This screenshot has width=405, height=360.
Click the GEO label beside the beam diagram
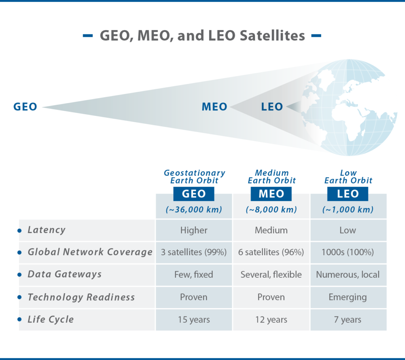pyautogui.click(x=25, y=107)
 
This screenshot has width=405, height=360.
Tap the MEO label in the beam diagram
pyautogui.click(x=214, y=107)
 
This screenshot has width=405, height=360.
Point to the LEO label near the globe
pyautogui.click(x=272, y=107)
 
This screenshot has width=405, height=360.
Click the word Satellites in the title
pyautogui.click(x=272, y=35)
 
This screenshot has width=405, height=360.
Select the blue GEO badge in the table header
pyautogui.click(x=194, y=194)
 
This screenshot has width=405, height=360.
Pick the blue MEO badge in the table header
pyautogui.click(x=271, y=194)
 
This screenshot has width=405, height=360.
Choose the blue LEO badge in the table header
pyautogui.click(x=348, y=194)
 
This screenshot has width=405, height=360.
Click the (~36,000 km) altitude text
pyautogui.click(x=194, y=209)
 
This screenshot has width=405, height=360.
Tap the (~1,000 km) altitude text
pyautogui.click(x=348, y=209)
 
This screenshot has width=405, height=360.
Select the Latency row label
pyautogui.click(x=47, y=230)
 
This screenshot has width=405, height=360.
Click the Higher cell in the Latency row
pyautogui.click(x=194, y=230)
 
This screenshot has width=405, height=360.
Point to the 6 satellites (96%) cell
pyautogui.click(x=271, y=252)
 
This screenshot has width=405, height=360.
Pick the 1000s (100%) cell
pyautogui.click(x=348, y=252)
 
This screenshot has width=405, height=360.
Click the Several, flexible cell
pyautogui.click(x=271, y=275)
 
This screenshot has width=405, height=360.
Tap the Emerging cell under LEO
pyautogui.click(x=348, y=297)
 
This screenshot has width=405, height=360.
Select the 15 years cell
pyautogui.click(x=194, y=320)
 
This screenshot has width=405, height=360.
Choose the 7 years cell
pyautogui.click(x=348, y=320)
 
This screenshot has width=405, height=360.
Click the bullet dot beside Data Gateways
pyautogui.click(x=19, y=275)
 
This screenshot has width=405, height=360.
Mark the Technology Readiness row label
pyautogui.click(x=81, y=297)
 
